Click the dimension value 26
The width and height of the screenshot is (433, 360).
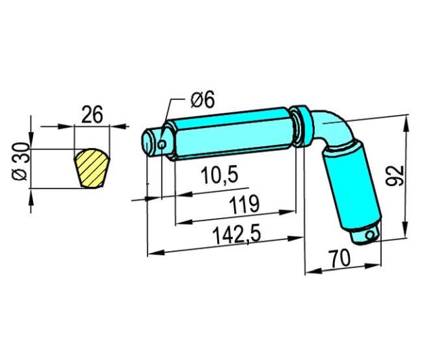(x=93, y=114)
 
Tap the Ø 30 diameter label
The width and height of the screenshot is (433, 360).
(x=21, y=162)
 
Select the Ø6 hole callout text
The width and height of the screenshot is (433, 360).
(x=202, y=100)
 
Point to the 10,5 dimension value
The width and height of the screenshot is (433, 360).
(x=219, y=175)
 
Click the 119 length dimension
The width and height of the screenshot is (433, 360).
(x=245, y=205)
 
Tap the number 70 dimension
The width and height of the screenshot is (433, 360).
(x=340, y=259)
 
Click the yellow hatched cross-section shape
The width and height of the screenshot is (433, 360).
(x=92, y=168)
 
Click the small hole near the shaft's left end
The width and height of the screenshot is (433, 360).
(x=162, y=144)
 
